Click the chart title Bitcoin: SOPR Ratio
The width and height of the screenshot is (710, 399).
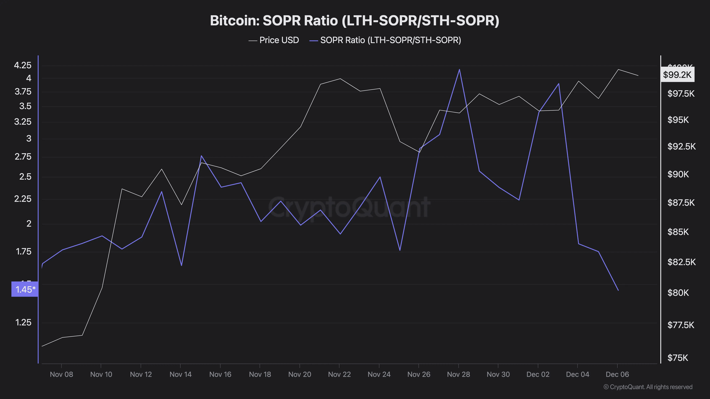coord(354,21)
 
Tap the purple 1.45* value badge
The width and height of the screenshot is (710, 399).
coord(25,289)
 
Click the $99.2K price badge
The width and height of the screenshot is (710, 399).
coord(677,75)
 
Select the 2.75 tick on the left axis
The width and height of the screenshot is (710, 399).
coord(23,157)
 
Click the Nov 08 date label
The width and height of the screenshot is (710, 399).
coord(61,374)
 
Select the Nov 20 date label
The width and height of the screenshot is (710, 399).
coord(300,374)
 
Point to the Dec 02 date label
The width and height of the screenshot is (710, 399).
coord(538,374)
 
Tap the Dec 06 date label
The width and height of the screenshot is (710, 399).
coord(617,374)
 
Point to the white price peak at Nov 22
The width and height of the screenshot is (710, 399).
coord(340,79)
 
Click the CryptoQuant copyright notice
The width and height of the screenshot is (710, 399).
coord(648,387)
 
